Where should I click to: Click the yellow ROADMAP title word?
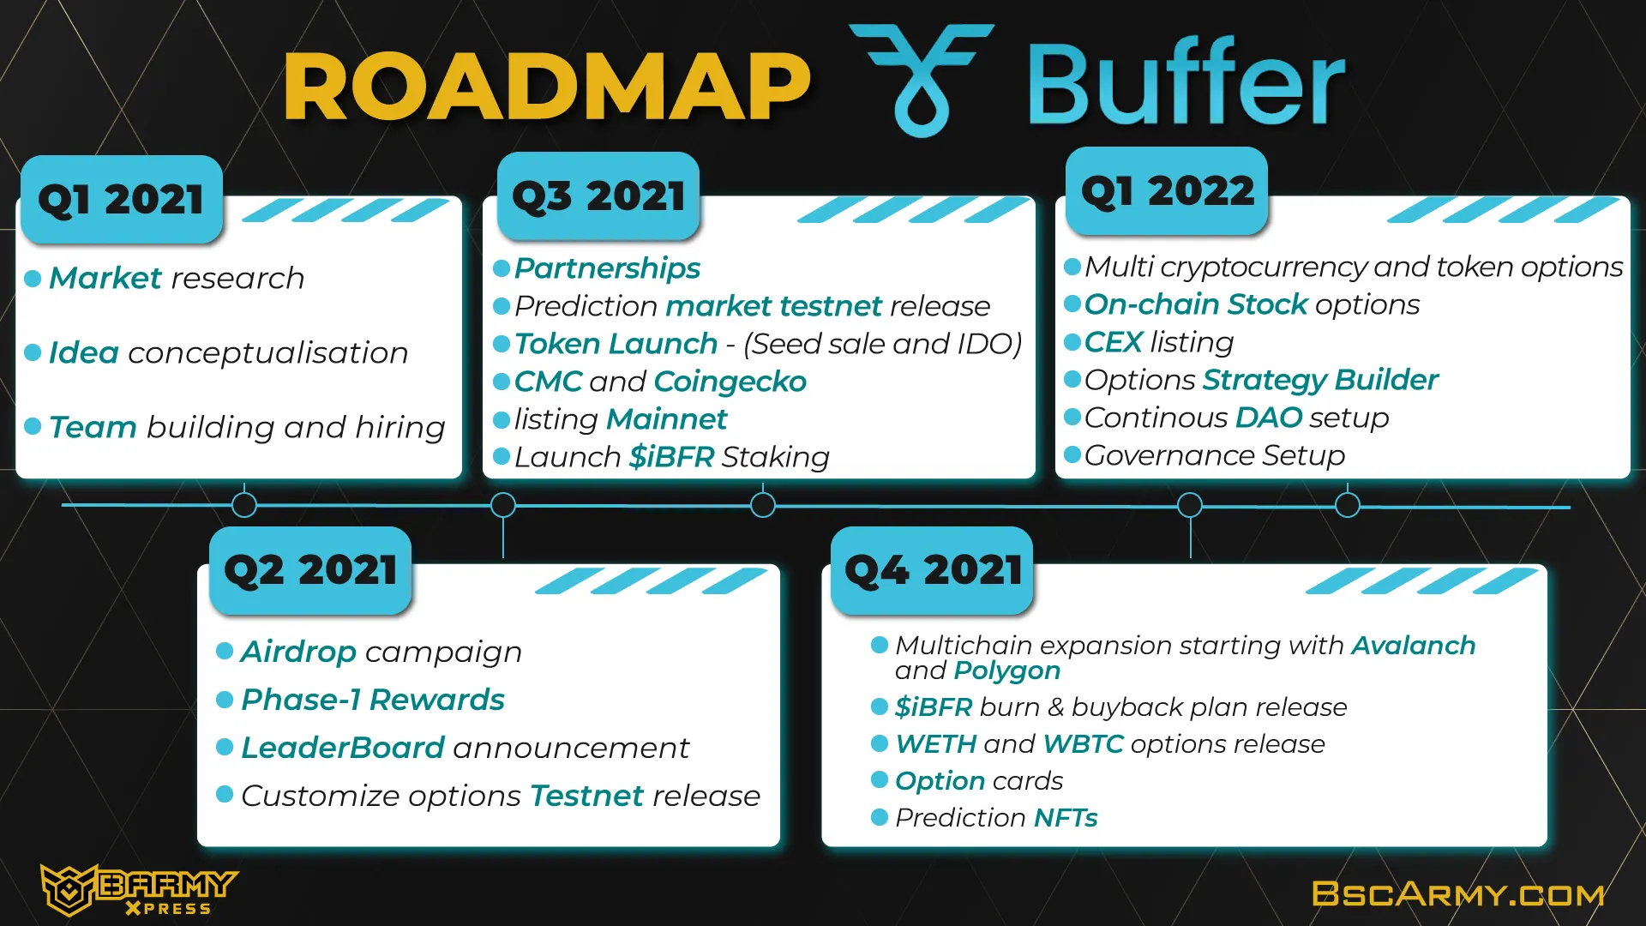click(547, 87)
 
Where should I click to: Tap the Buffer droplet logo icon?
click(922, 81)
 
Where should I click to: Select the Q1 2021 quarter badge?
click(122, 200)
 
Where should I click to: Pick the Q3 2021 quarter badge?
click(598, 196)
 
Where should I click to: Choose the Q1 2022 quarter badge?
click(1167, 191)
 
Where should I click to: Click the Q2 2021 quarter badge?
click(310, 570)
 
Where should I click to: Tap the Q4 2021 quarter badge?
click(932, 570)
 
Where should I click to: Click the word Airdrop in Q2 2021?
click(298, 652)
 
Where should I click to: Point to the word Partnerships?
click(607, 268)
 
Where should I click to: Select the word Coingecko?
click(730, 382)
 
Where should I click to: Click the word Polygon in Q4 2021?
click(1007, 671)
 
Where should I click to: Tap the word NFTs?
click(1066, 818)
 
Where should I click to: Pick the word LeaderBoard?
click(343, 748)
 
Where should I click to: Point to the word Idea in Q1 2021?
click(83, 352)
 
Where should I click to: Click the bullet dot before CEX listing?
click(1072, 342)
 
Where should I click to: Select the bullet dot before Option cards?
click(880, 779)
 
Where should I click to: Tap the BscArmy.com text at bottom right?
click(1458, 894)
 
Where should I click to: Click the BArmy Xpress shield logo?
click(67, 889)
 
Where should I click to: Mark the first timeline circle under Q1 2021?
click(244, 505)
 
